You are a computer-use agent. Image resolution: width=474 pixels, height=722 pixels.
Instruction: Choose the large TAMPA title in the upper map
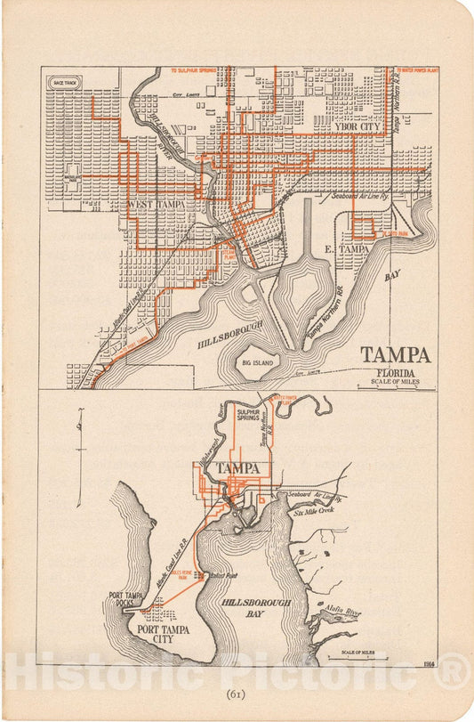tap(395, 355)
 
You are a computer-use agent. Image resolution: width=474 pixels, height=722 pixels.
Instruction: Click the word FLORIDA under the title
tap(395, 372)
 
